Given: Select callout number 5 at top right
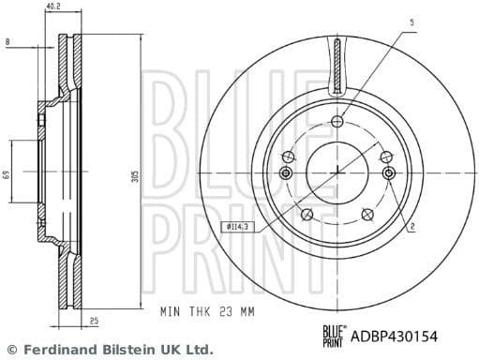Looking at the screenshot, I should [x=410, y=20].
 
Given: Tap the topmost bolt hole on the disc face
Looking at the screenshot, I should [x=337, y=122].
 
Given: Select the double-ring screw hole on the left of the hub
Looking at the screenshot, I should [x=286, y=173].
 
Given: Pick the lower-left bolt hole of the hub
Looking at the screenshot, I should [x=306, y=216].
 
